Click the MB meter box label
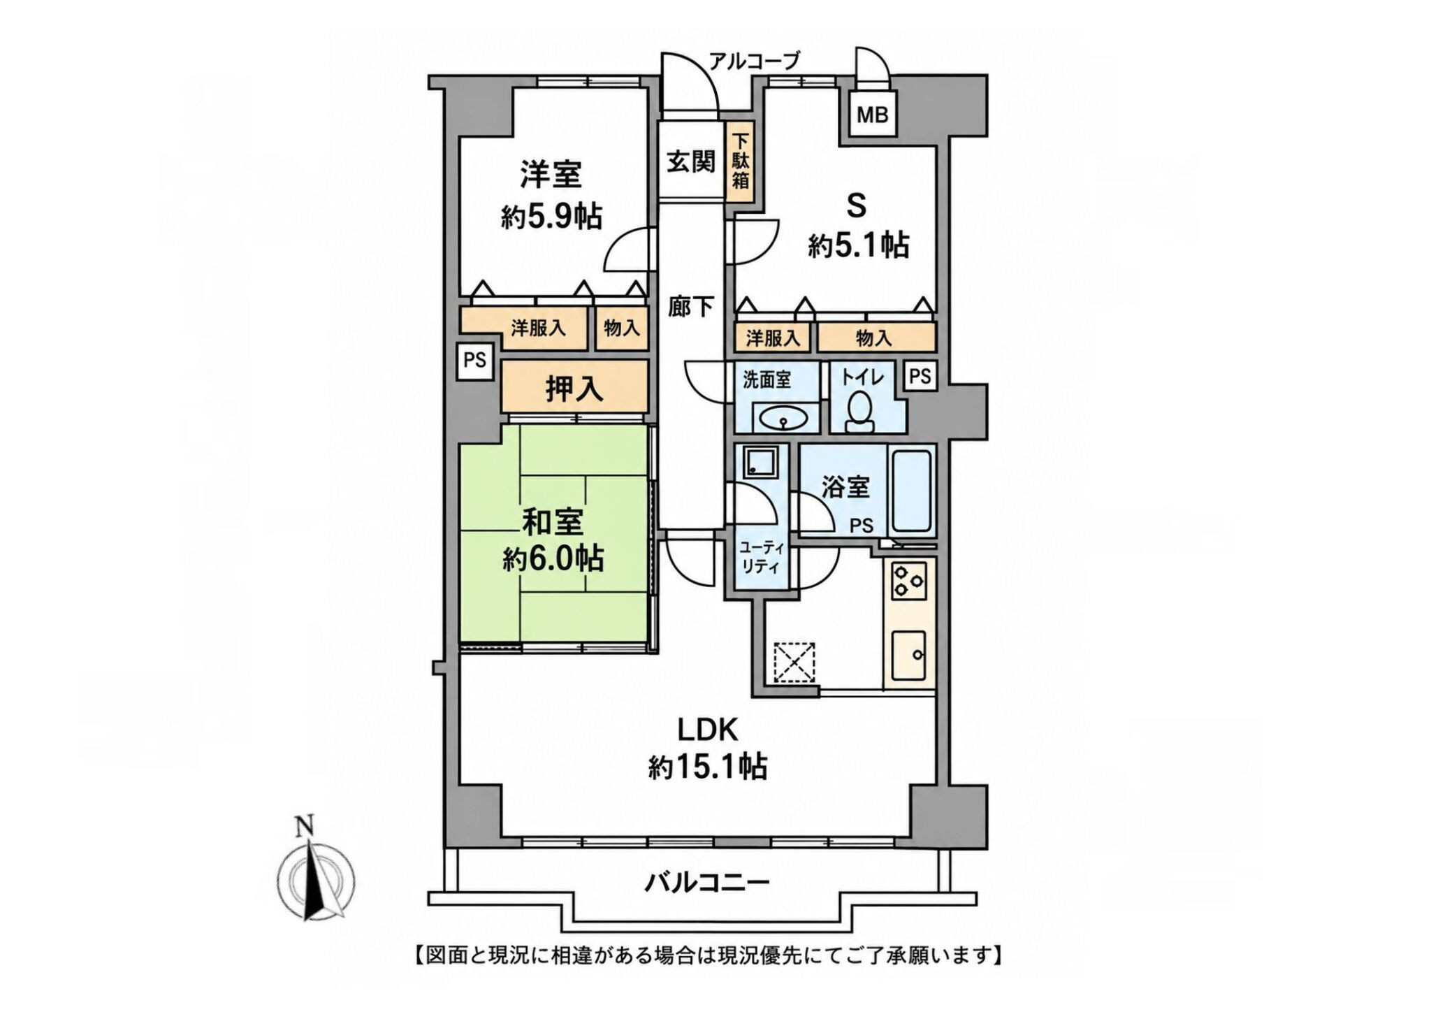[x=873, y=114]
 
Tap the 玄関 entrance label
[x=690, y=161]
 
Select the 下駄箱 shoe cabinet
[x=740, y=162]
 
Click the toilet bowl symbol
[x=858, y=410]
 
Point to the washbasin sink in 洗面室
[x=782, y=420]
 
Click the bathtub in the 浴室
[x=910, y=491]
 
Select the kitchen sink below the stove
[x=909, y=656]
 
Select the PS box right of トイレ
[x=920, y=377]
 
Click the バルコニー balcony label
[x=706, y=883]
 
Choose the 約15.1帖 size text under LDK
[x=707, y=767]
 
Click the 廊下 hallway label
[x=690, y=306]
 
